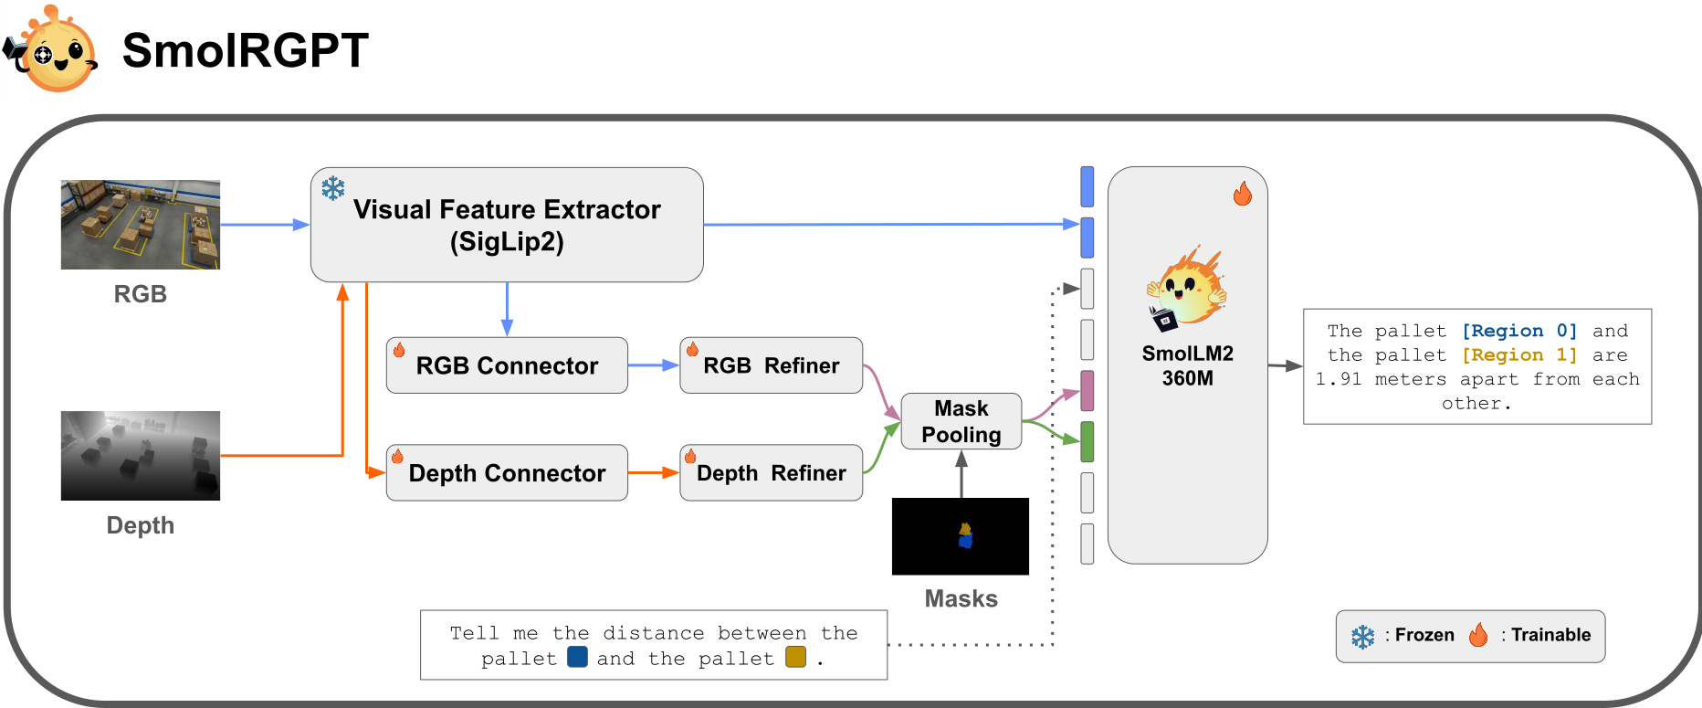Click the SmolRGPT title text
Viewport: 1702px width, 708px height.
[245, 50]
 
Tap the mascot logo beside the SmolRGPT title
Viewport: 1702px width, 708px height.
[53, 50]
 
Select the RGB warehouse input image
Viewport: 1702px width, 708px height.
[141, 225]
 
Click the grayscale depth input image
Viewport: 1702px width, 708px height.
[141, 456]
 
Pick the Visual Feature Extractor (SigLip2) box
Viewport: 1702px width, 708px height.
[507, 225]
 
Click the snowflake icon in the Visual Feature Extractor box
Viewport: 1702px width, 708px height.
[333, 188]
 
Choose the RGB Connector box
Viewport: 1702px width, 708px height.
[507, 365]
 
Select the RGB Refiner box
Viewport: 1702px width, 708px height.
[771, 365]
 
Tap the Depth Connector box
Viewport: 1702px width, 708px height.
[507, 473]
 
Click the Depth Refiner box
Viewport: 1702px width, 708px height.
[771, 473]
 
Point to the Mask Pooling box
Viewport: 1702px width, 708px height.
[961, 421]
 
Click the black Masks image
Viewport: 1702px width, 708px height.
[961, 536]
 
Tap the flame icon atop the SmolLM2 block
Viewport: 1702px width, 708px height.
[1243, 194]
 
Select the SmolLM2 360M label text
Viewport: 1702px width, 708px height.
[1187, 365]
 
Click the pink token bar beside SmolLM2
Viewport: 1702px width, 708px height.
[1087, 391]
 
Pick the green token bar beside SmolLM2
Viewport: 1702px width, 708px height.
[1087, 442]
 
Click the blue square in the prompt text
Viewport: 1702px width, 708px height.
[577, 657]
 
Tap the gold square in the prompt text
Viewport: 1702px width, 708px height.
[795, 657]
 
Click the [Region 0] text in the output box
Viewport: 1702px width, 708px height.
[1518, 331]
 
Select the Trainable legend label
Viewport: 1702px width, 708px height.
[1550, 635]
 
